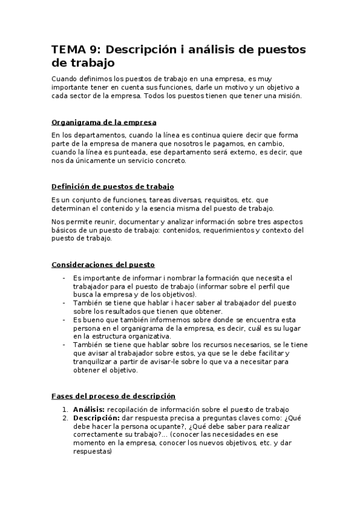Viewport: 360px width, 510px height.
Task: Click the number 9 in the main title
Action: pyautogui.click(x=91, y=49)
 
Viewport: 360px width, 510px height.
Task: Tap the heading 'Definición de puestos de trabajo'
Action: pyautogui.click(x=113, y=187)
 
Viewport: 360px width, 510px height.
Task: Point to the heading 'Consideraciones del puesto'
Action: pyautogui.click(x=103, y=264)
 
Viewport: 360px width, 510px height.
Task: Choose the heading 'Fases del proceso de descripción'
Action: pyautogui.click(x=114, y=396)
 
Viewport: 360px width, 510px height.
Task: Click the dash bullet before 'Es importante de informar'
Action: pyautogui.click(x=64, y=278)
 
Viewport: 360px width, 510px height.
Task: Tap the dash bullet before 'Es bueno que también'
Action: pyautogui.click(x=64, y=320)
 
